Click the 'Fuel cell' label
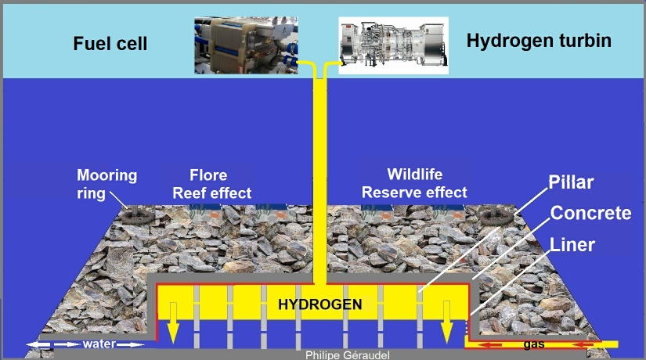pyautogui.click(x=110, y=45)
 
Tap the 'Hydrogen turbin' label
pyautogui.click(x=539, y=40)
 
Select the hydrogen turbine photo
pyautogui.click(x=392, y=44)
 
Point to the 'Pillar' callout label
pyautogui.click(x=571, y=183)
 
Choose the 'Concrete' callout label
pyautogui.click(x=590, y=214)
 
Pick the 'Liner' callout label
pyautogui.click(x=572, y=244)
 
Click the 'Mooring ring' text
pyautogui.click(x=107, y=183)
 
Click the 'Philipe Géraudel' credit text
pyautogui.click(x=346, y=355)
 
